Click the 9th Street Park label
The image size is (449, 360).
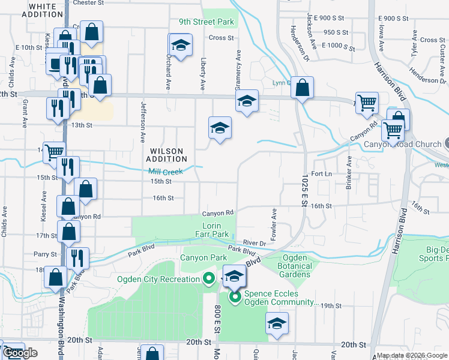(206, 22)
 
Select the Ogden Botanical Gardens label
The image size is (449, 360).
(294, 266)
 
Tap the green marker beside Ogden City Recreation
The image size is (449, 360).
(208, 278)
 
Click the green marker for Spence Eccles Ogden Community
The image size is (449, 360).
(234, 296)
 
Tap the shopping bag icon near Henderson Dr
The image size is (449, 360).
(303, 88)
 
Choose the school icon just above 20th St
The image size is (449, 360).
(277, 323)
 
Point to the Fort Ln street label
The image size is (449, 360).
(322, 173)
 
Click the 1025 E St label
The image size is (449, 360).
(304, 196)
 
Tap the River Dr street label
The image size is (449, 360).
(255, 243)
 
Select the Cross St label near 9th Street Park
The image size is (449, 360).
(221, 38)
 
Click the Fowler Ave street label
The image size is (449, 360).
(274, 221)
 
